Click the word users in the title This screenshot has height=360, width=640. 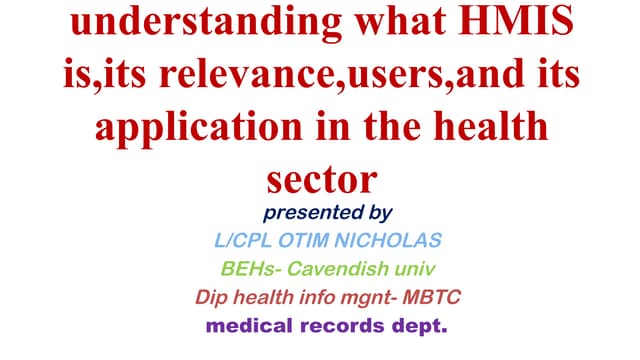pyautogui.click(x=399, y=76)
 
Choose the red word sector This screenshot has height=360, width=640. pyautogui.click(x=321, y=180)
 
